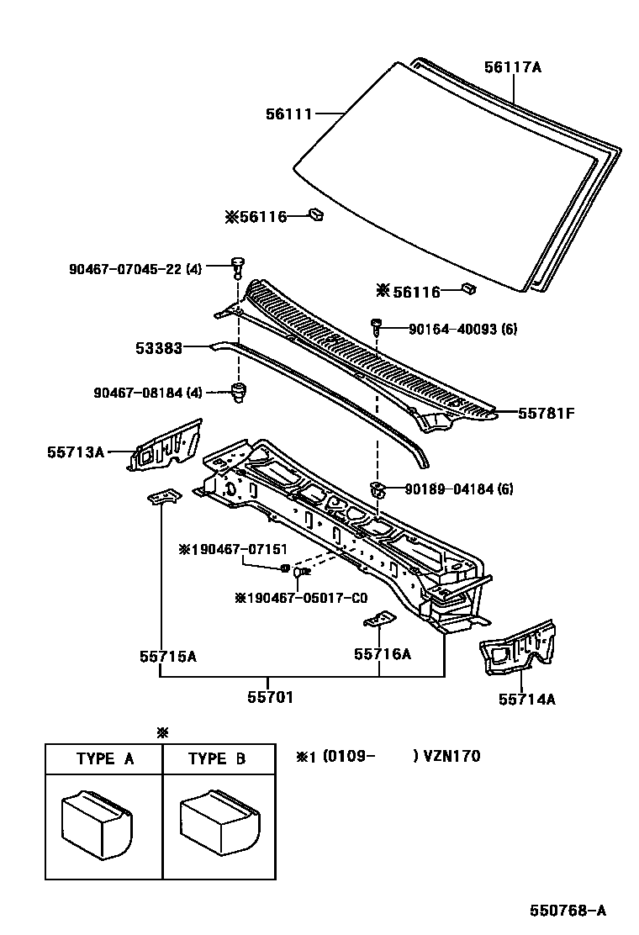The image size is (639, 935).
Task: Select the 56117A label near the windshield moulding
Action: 512,67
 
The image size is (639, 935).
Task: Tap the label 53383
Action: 160,346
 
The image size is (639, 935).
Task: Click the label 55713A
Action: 76,452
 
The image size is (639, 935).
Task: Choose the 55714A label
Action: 526,698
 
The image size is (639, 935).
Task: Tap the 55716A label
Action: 383,653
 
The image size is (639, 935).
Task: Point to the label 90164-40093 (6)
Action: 463,329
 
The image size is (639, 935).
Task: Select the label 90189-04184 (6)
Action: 458,489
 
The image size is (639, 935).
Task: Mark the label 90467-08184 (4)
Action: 135,393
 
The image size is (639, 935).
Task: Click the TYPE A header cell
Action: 105,758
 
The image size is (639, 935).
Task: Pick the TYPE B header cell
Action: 217,758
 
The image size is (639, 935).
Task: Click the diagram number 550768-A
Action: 568,911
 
